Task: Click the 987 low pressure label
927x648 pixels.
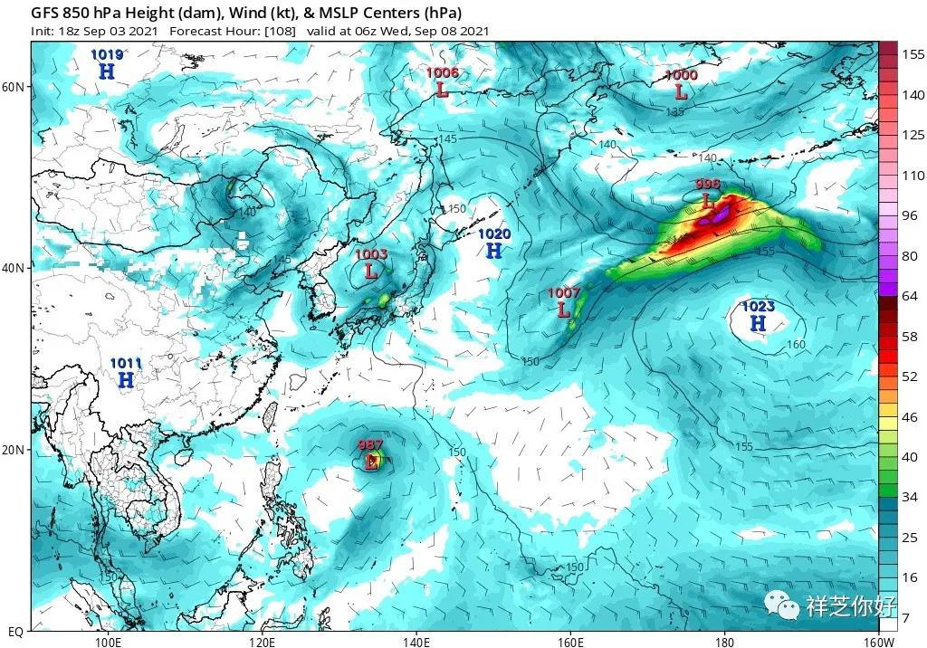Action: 370,445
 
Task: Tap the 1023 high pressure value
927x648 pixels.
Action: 758,306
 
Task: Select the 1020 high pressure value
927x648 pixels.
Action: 494,234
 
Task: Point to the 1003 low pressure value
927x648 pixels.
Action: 370,254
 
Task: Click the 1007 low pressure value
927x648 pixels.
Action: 564,293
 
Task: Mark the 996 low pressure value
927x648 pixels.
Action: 707,185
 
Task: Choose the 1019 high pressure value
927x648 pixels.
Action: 107,55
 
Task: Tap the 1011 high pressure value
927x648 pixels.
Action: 126,363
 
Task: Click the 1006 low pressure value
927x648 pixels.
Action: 442,72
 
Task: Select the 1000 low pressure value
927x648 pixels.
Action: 681,75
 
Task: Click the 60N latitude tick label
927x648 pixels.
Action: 13,87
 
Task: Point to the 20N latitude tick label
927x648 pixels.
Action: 13,450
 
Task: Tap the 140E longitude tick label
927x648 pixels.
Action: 416,641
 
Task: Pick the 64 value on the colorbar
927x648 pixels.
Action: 911,295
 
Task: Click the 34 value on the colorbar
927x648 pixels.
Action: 911,497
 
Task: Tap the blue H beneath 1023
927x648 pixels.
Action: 758,323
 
